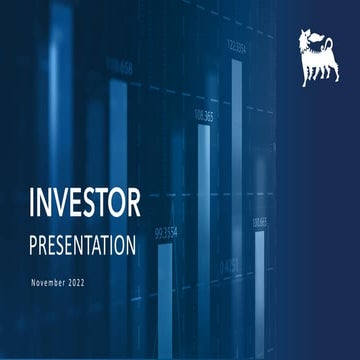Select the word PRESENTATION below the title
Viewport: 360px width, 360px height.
(x=81, y=244)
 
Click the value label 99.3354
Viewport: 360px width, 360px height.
(x=166, y=234)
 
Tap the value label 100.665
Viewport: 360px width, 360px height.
(x=260, y=221)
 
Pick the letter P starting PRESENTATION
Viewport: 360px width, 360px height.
(x=36, y=244)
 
